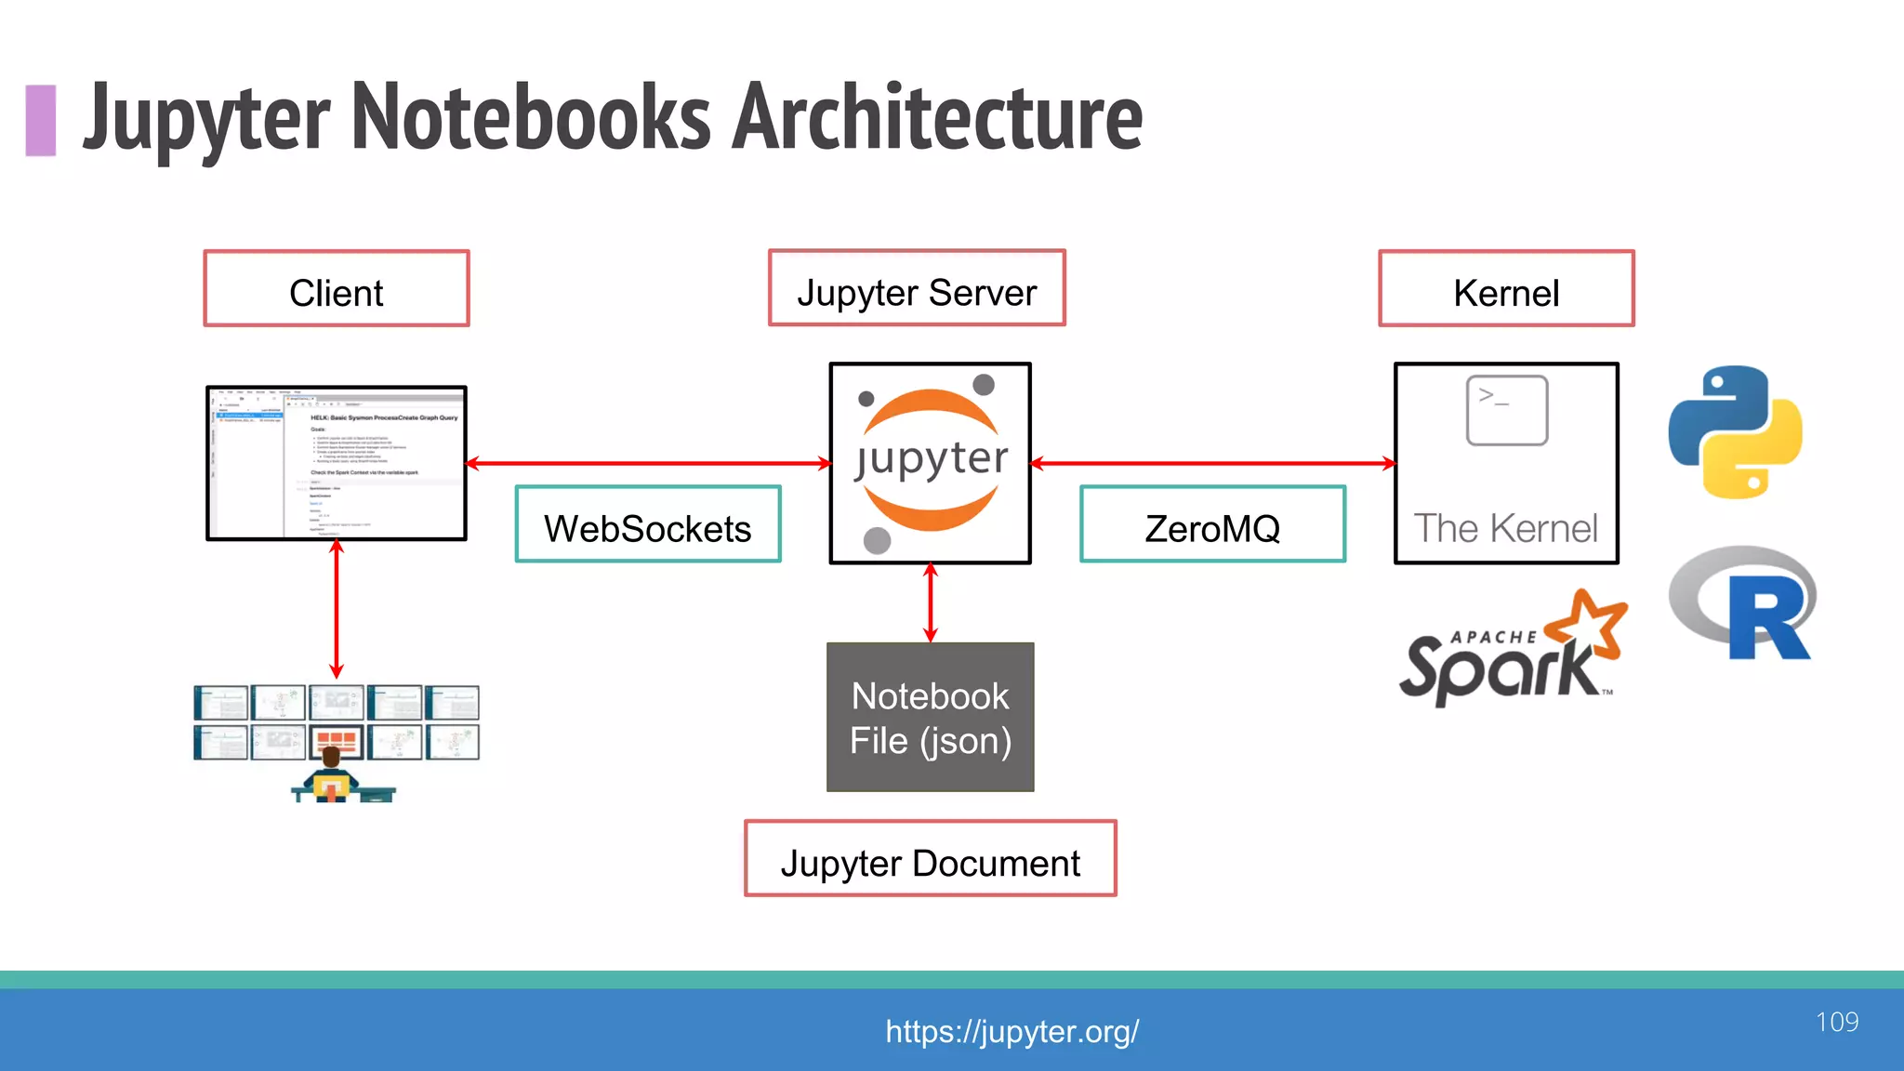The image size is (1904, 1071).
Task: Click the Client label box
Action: pos(337,289)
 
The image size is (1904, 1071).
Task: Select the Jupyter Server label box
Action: pos(917,289)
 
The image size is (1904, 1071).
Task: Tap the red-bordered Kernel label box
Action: pos(1506,289)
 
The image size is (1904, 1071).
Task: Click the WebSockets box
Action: pos(648,525)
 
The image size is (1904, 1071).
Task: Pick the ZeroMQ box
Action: pos(1212,525)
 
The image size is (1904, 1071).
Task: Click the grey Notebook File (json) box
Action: pos(930,718)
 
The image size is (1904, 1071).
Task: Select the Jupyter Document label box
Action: pos(930,859)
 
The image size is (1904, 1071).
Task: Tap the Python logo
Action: pos(1735,432)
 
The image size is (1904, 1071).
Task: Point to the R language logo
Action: pos(1742,604)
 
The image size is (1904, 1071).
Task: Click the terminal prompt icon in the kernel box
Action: pos(1506,410)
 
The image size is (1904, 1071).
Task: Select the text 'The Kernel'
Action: pos(1506,528)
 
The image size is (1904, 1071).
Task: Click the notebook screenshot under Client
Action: pos(337,463)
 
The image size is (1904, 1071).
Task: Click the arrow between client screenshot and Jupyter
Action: pos(648,463)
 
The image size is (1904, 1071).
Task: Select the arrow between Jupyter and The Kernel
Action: pos(1212,463)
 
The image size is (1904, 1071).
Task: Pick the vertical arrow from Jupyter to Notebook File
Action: pos(931,602)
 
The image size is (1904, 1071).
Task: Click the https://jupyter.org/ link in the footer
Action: pos(1011,1031)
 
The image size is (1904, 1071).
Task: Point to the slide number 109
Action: pos(1836,1022)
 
